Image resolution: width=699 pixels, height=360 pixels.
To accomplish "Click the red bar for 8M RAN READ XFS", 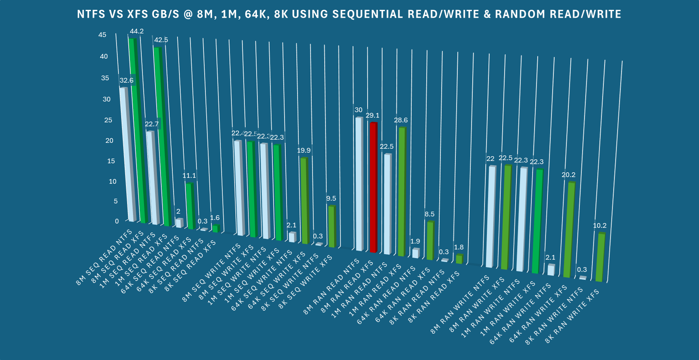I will [373, 187].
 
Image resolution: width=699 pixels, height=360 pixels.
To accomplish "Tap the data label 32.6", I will [126, 80].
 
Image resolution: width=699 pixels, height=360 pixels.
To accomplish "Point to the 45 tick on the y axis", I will [102, 35].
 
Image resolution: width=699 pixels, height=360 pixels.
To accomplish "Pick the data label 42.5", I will [161, 40].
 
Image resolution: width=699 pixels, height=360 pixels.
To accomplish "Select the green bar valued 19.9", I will [304, 201].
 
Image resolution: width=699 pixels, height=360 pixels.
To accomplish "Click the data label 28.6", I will [401, 120].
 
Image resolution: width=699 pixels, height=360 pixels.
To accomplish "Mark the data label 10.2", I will [599, 225].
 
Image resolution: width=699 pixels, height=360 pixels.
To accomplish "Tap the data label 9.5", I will [331, 198].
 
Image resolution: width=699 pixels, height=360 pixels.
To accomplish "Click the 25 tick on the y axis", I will [108, 120].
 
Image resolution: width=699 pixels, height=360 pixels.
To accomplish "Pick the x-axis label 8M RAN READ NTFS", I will [332, 286].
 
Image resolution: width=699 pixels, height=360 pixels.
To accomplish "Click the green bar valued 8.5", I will [430, 241].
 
